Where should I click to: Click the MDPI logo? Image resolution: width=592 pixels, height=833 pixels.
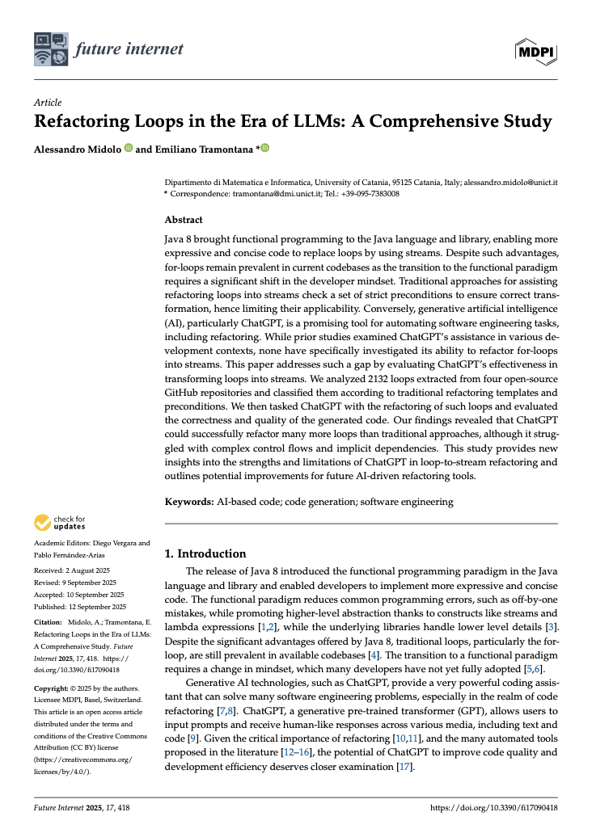536,49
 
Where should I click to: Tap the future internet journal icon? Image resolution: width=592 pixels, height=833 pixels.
50,49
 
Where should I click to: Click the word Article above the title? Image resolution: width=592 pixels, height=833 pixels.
48,103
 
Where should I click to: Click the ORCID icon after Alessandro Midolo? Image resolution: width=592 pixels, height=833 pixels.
128,149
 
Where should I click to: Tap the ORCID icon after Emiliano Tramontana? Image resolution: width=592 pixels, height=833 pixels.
264,149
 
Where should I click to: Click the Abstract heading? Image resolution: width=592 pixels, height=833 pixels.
184,220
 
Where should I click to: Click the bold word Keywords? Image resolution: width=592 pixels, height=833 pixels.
189,502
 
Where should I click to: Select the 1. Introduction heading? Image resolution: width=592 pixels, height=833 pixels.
205,553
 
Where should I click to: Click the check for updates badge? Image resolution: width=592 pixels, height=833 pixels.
60,523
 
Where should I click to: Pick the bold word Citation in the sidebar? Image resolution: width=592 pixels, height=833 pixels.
47,623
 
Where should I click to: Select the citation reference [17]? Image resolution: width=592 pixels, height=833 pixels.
405,766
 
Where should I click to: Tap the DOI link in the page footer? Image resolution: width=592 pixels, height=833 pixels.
494,808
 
